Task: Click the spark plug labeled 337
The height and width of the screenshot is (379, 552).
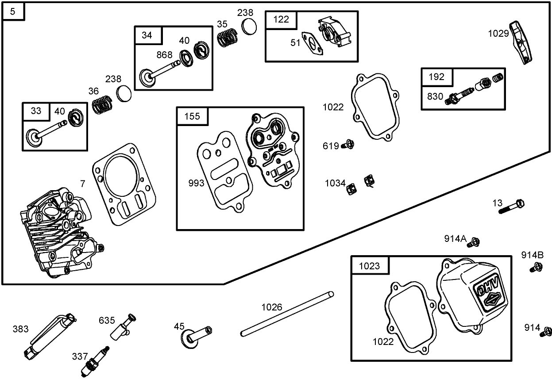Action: coord(95,359)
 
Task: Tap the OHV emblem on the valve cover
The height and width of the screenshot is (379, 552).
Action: coord(488,292)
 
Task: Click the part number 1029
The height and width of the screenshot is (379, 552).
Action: coord(498,34)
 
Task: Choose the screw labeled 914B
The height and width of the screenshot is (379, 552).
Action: coord(537,267)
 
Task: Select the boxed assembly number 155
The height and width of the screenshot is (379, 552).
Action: coord(192,116)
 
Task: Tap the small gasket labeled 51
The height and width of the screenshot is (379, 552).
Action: coord(312,44)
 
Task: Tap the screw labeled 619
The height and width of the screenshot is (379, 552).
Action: coord(347,145)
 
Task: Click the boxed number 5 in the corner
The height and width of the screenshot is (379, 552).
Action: coord(13,11)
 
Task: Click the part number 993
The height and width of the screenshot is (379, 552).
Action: coord(196,183)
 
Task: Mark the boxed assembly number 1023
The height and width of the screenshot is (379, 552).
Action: coord(370,266)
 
